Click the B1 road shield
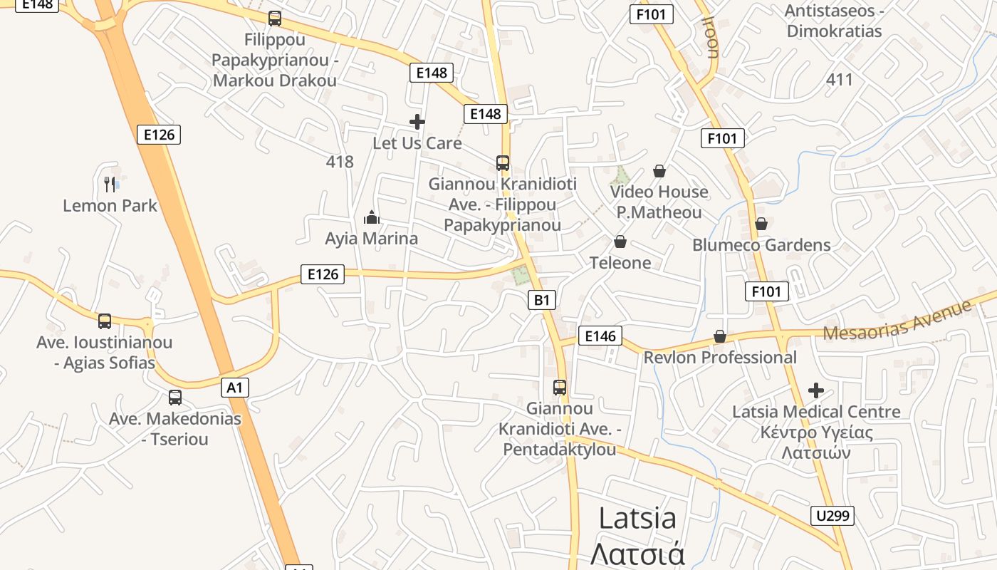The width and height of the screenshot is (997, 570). click(542, 300)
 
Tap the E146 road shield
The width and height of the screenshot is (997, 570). click(600, 336)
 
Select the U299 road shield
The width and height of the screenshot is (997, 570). click(832, 515)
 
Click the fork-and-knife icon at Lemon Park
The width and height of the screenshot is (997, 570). click(110, 185)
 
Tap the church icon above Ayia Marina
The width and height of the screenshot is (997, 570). click(371, 217)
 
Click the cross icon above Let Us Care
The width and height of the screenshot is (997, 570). click(417, 122)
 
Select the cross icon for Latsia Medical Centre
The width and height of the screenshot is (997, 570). click(816, 390)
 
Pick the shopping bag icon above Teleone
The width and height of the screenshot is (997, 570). click(620, 242)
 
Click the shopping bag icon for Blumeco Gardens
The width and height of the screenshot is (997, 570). click(761, 224)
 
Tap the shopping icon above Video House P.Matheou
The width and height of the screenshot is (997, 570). click(659, 171)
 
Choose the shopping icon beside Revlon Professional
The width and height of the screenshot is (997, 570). click(720, 336)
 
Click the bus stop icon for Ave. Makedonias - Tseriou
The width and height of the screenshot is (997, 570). click(174, 398)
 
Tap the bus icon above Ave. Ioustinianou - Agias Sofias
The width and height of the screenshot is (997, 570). click(105, 321)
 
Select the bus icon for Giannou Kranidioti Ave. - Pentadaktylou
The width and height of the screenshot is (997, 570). click(560, 388)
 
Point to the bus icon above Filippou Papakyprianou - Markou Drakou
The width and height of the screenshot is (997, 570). click(274, 19)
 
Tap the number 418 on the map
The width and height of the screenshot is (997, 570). click(340, 162)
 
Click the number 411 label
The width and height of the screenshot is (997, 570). click(840, 79)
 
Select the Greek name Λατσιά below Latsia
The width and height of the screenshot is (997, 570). click(637, 554)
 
